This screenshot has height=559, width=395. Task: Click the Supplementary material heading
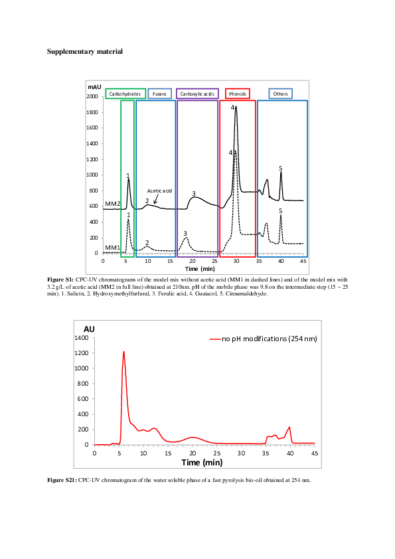[x=85, y=51]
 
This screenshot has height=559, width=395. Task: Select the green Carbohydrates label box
[x=125, y=94]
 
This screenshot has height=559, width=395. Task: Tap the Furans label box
[x=159, y=94]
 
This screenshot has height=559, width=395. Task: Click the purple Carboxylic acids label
[x=197, y=94]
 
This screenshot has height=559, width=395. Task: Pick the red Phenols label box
[x=237, y=94]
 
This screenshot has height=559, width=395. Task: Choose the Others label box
[x=280, y=94]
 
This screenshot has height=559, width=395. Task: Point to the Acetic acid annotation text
[x=159, y=191]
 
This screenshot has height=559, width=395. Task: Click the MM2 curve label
[x=113, y=203]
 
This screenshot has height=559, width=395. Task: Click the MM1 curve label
[x=113, y=248]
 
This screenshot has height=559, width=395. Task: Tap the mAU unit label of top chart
[x=94, y=86]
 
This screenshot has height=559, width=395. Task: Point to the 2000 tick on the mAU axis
[x=92, y=97]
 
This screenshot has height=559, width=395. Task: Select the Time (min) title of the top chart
[x=199, y=269]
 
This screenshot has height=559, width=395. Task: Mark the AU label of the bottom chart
[x=89, y=329]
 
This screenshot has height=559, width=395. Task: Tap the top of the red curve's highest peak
[x=123, y=351]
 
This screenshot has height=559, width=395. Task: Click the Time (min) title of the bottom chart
[x=202, y=462]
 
